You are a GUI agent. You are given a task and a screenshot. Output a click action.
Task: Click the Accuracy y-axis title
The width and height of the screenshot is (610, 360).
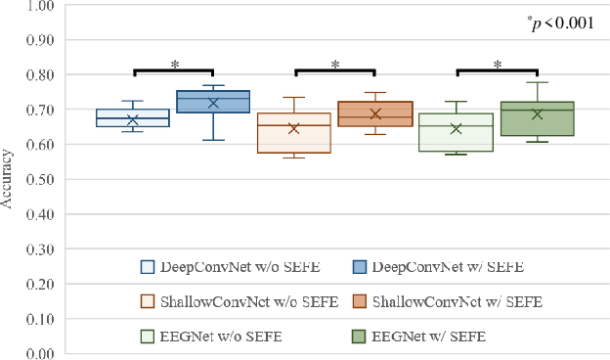pos(8,179)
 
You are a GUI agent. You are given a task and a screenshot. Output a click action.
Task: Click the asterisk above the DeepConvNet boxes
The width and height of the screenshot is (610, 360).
pos(174,65)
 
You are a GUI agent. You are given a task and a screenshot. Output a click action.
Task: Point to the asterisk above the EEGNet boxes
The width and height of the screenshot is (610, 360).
pos(498,65)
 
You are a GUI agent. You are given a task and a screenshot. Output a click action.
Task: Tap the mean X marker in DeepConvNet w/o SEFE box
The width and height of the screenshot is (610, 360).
pos(132,120)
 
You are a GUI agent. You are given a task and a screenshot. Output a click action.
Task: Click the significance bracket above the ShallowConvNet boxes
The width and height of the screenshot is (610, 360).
pos(334,71)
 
